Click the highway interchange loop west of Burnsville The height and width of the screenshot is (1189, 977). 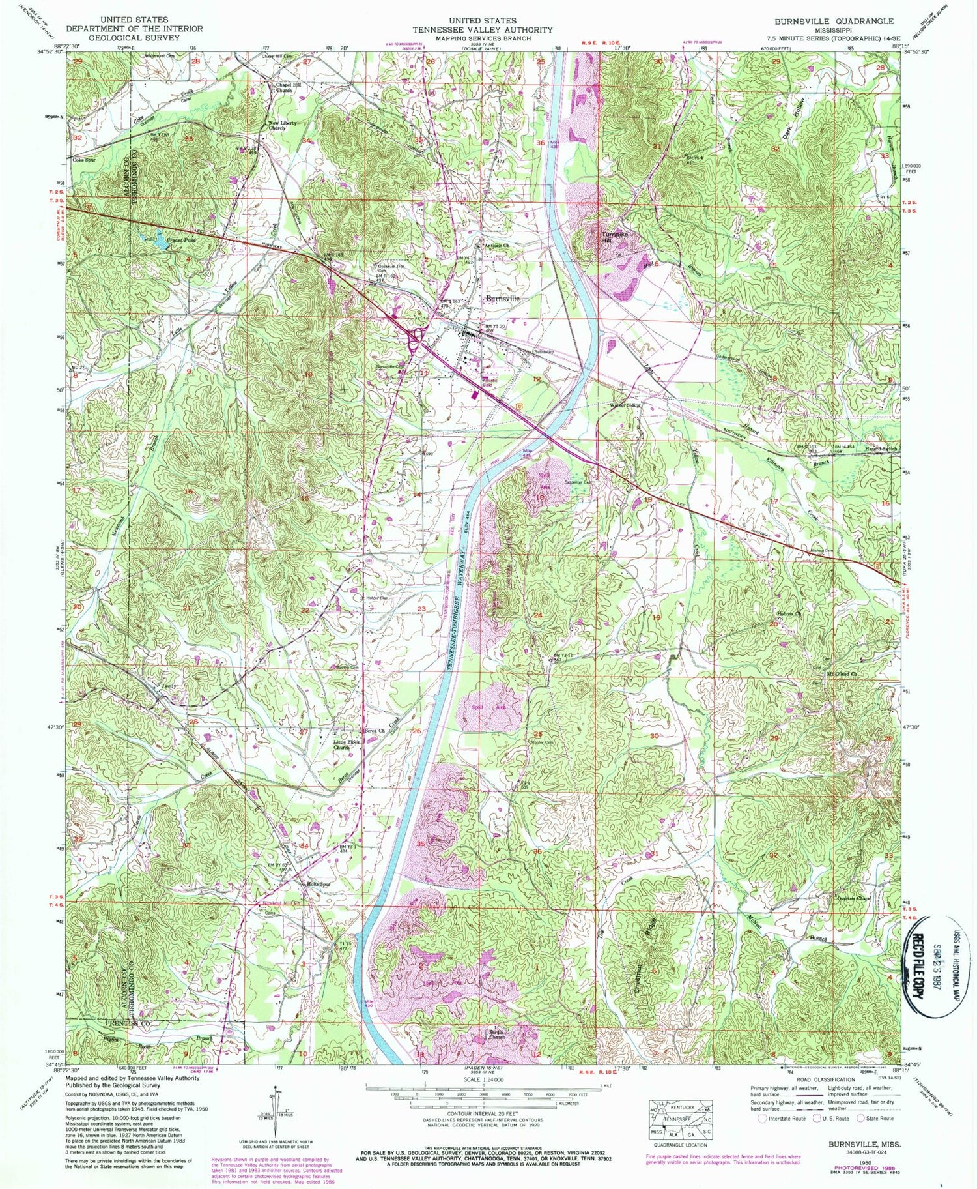tap(414, 336)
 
